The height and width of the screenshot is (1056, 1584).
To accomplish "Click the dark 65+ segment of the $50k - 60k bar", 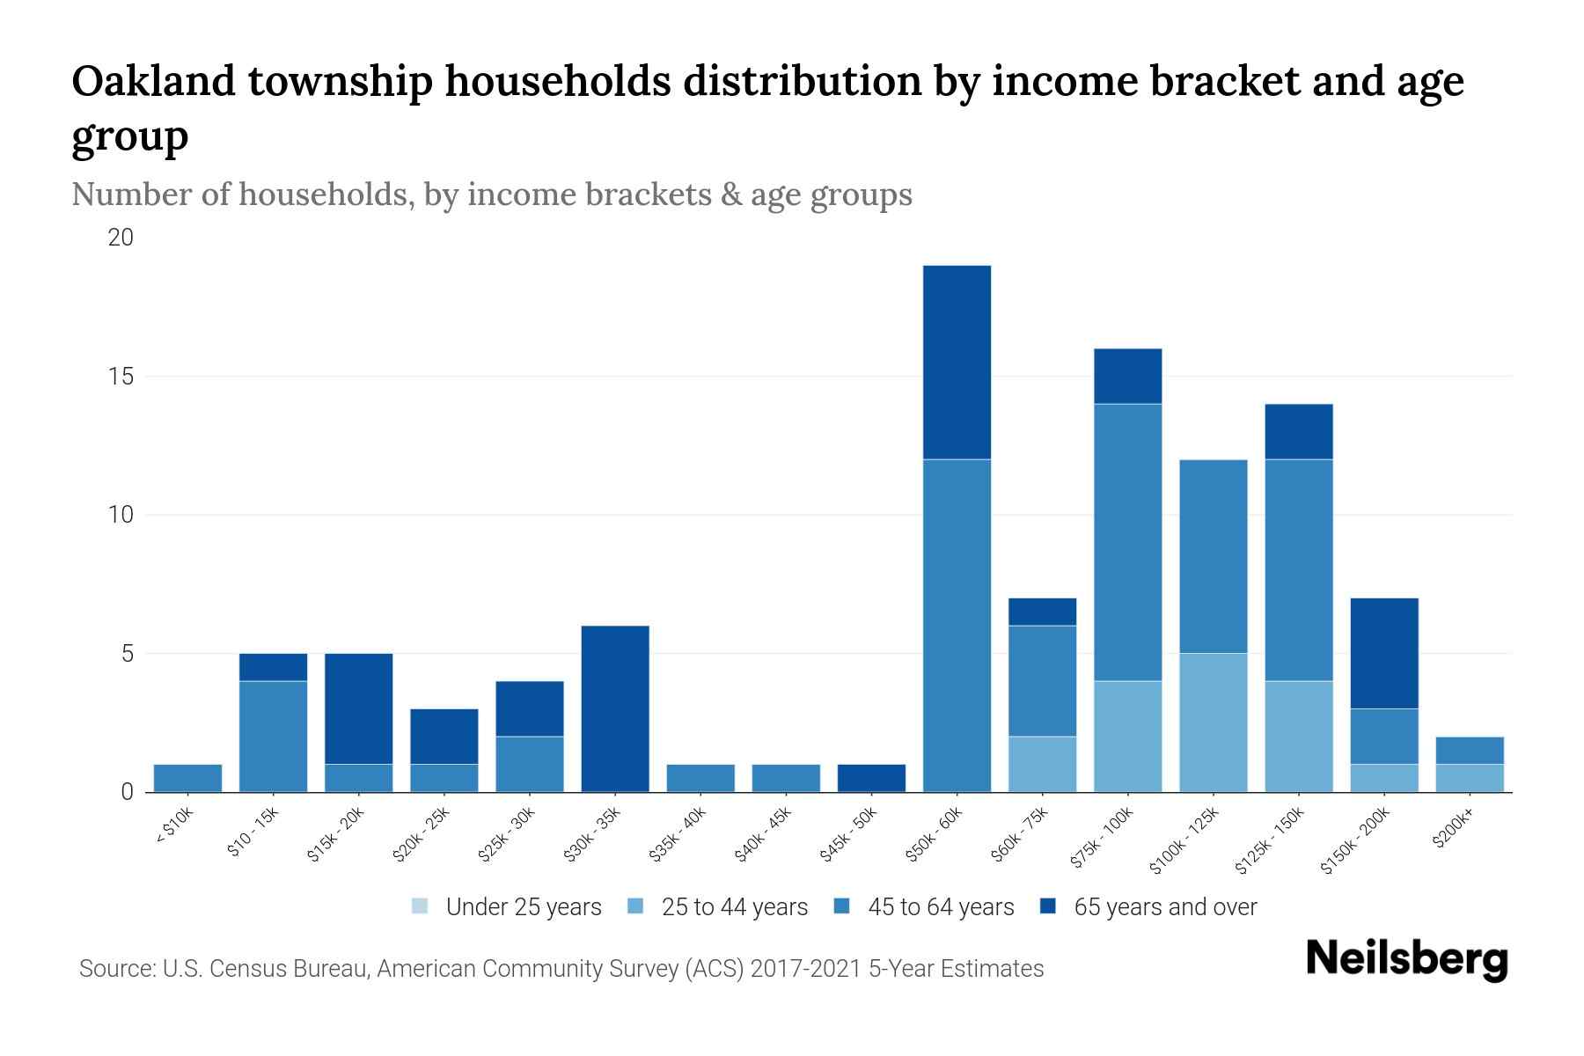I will (x=957, y=362).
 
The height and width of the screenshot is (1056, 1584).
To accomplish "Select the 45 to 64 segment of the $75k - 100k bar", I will (x=1127, y=542).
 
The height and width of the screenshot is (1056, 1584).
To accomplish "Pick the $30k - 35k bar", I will (x=615, y=708).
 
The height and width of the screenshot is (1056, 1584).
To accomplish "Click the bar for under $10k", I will (x=187, y=778).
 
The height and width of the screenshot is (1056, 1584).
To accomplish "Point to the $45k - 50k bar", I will (x=871, y=778).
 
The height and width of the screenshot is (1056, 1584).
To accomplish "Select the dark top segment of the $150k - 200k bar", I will (x=1384, y=653).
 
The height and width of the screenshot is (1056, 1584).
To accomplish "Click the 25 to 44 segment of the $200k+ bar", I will (x=1470, y=778).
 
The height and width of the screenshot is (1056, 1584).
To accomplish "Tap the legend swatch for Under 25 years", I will (x=421, y=906).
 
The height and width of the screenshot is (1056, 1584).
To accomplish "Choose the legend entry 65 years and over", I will (x=1165, y=906).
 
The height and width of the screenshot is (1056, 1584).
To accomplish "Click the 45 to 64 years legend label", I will (x=941, y=906).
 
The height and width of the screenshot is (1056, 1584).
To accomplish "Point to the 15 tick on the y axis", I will (x=121, y=377).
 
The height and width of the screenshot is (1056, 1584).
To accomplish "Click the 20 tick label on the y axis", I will (x=121, y=238).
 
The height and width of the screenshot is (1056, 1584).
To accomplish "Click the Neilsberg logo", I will (x=1406, y=959).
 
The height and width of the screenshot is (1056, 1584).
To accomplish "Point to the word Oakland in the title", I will (x=153, y=81).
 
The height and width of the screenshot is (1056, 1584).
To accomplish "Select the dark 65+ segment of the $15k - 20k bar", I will (x=358, y=708).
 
